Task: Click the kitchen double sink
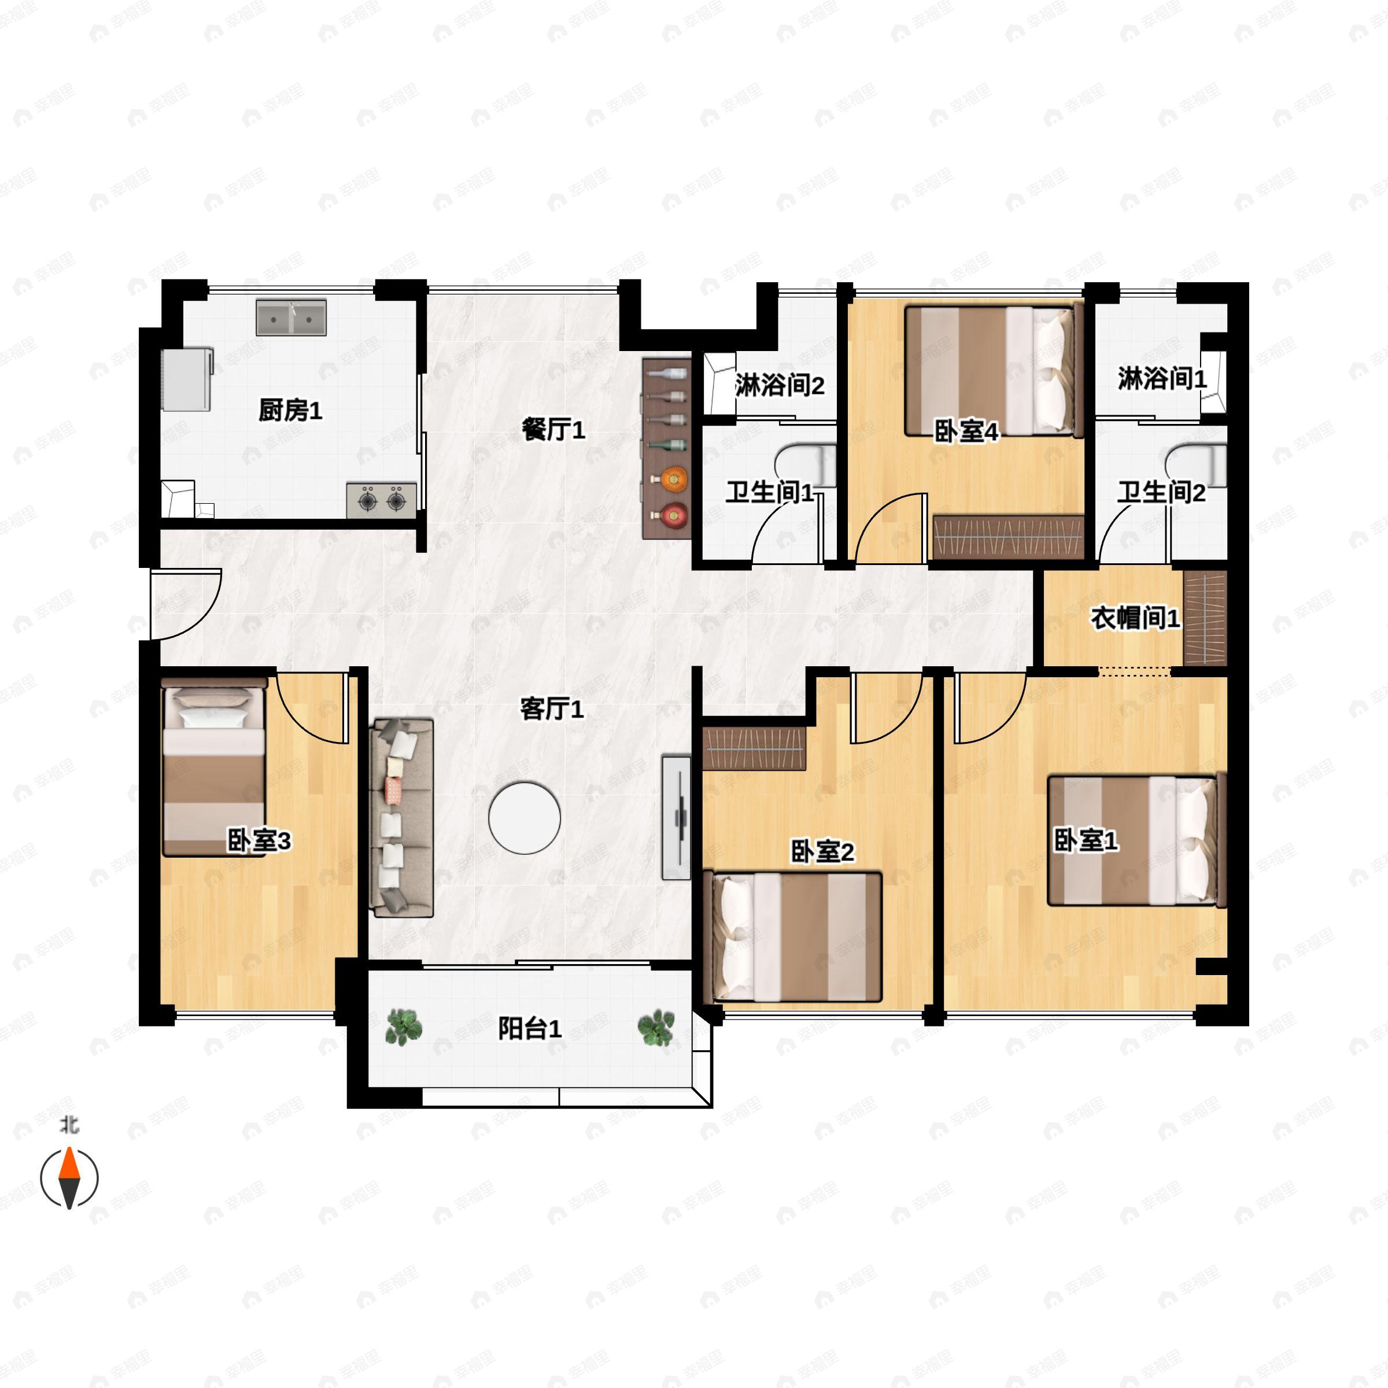point(291,317)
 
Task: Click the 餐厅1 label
point(553,430)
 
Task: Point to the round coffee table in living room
point(525,818)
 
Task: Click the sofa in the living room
point(401,818)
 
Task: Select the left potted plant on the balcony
point(403,1027)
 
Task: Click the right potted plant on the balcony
point(656,1027)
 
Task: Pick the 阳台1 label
point(530,1029)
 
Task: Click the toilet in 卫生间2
point(1196,465)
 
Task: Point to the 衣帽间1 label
point(1135,618)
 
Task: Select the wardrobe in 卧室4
point(1008,537)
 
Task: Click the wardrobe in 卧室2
point(754,748)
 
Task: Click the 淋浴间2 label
point(780,386)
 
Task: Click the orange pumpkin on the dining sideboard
point(673,478)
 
